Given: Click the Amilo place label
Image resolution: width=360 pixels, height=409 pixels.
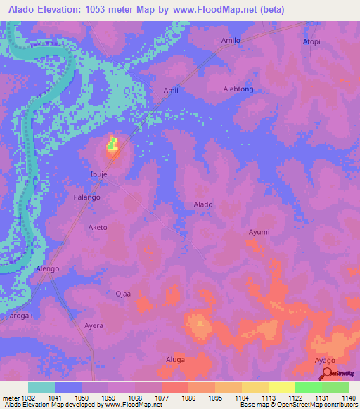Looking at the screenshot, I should point(231,41).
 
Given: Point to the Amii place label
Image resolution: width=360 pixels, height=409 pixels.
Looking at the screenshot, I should point(172,91).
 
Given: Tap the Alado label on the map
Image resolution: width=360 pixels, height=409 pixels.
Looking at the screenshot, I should point(203,204).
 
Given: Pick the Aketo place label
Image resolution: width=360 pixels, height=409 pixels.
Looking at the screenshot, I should point(97,228).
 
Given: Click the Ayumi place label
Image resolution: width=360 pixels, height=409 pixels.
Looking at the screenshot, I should point(259,231).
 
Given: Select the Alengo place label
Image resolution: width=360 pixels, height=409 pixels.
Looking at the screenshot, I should point(48,269).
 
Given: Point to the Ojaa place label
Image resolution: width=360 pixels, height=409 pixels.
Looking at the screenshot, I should point(124,294).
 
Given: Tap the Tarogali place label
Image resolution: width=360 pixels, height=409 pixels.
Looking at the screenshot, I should point(20,316).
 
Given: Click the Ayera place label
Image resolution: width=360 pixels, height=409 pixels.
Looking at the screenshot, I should point(94,326).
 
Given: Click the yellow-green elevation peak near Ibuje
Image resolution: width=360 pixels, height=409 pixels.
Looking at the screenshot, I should point(112,145).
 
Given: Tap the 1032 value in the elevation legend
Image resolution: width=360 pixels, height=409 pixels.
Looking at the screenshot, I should point(20,398).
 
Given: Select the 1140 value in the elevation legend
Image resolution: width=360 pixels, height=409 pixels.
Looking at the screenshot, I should point(347,398).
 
